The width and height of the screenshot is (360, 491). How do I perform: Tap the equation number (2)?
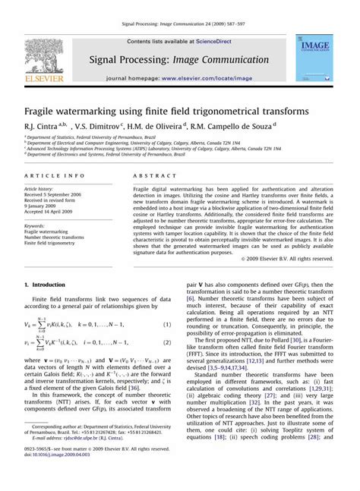pos(166,343)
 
